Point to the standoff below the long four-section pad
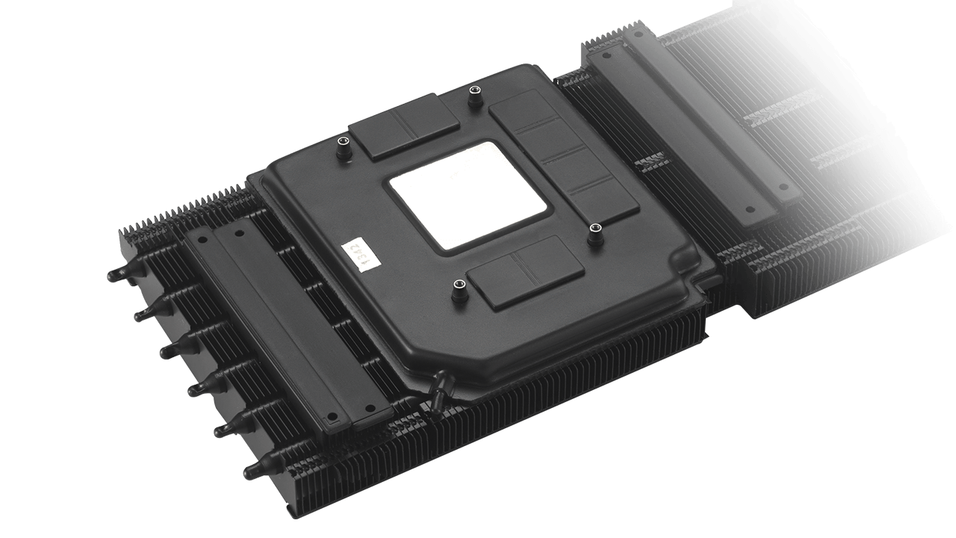tap(595, 233)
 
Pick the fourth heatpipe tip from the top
tap(197, 388)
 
